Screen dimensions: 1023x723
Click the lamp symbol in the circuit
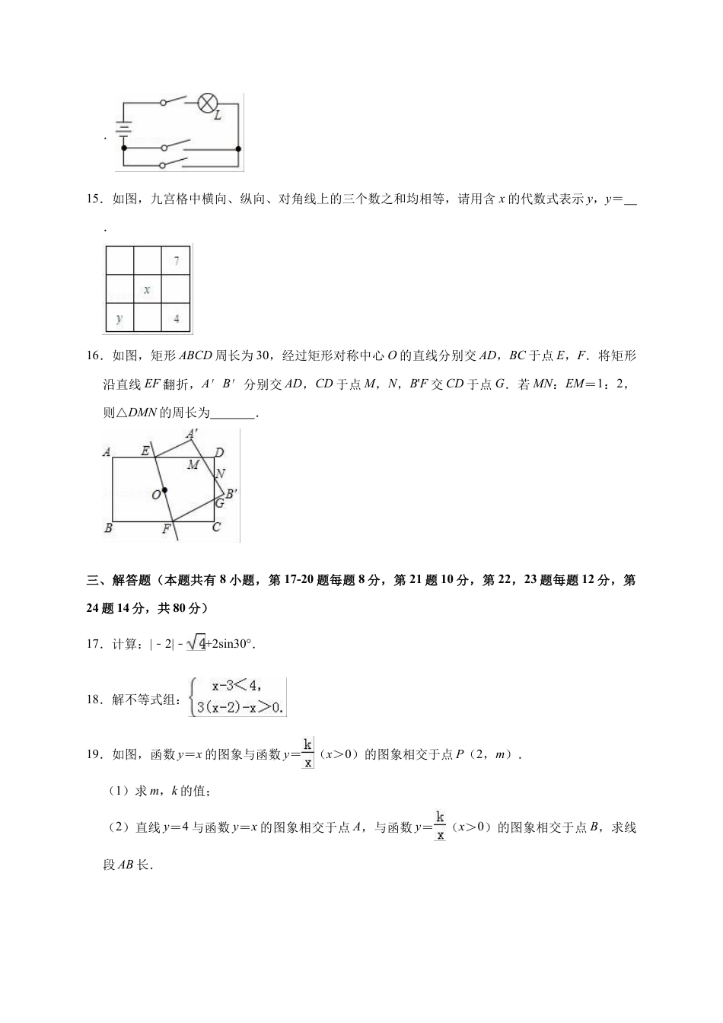[208, 104]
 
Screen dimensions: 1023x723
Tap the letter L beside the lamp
[218, 116]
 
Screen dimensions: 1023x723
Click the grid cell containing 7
[177, 261]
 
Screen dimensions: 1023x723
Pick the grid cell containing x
[147, 290]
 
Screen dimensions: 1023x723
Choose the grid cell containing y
[119, 318]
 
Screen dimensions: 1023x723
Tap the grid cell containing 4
[177, 318]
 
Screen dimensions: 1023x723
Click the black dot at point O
[164, 490]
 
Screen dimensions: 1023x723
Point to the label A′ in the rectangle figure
[193, 434]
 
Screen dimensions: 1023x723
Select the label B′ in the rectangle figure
[231, 493]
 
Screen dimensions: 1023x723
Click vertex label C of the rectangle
[216, 527]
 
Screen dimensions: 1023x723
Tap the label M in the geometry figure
[193, 465]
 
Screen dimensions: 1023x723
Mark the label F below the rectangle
[166, 529]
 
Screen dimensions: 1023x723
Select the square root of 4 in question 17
[196, 644]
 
